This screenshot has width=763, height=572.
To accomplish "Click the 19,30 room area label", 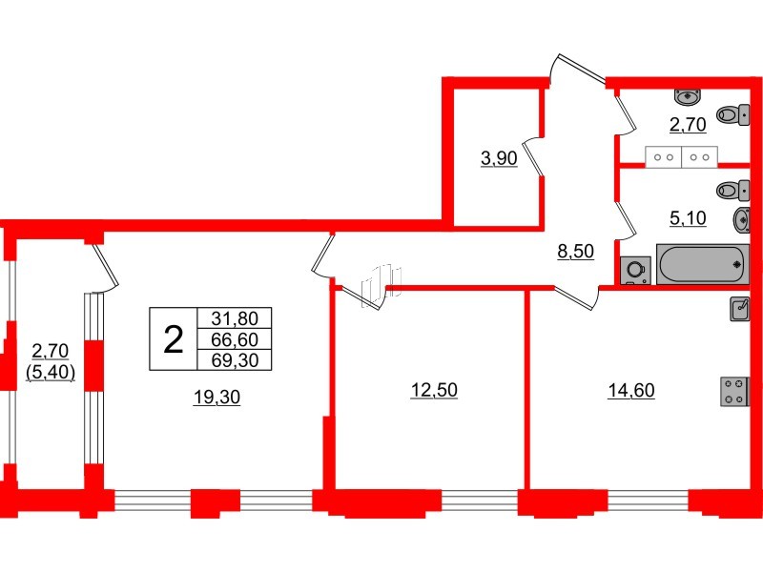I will pos(217,398).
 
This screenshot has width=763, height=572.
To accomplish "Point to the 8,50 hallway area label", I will pos(575,252).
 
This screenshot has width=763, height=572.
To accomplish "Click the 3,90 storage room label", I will pos(498,158).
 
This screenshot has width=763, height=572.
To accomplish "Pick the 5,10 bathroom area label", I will pos(688,218).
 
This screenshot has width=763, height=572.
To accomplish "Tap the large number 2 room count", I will pos(174,338).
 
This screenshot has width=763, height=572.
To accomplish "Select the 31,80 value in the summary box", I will pos(235,318).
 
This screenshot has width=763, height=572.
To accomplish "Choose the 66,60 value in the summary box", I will pos(235,339).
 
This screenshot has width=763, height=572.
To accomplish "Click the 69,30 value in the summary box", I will pos(235,359).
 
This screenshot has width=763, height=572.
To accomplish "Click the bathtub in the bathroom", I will pos(703,263).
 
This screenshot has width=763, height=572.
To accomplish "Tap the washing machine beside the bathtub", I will pos(635,270).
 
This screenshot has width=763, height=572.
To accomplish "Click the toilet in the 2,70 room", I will pos(732,115).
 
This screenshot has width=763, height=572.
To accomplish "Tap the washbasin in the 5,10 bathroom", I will pos(742,220).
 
